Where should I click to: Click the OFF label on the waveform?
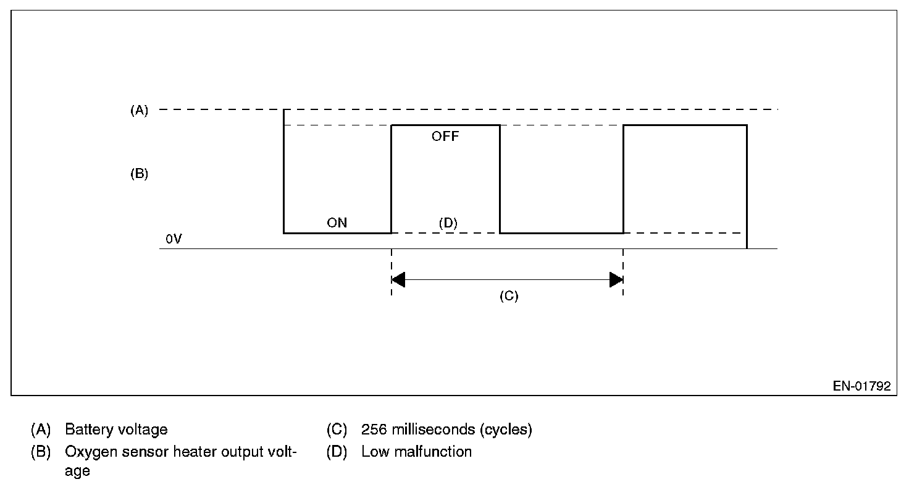(x=445, y=137)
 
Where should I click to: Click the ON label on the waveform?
(x=337, y=223)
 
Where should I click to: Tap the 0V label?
(x=174, y=239)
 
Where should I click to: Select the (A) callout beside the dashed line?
(x=139, y=111)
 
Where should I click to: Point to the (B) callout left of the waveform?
(x=139, y=174)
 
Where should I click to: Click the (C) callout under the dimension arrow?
(x=509, y=296)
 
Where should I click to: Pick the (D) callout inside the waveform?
(x=448, y=223)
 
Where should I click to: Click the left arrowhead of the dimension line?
(x=398, y=280)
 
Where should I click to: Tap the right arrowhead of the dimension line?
(x=616, y=280)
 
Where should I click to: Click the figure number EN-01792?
(x=861, y=386)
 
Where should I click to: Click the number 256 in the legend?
(x=374, y=430)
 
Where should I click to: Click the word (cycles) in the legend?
(x=506, y=430)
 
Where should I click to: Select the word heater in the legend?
(x=179, y=452)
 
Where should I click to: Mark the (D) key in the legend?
(x=337, y=452)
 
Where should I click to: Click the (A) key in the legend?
(x=40, y=430)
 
